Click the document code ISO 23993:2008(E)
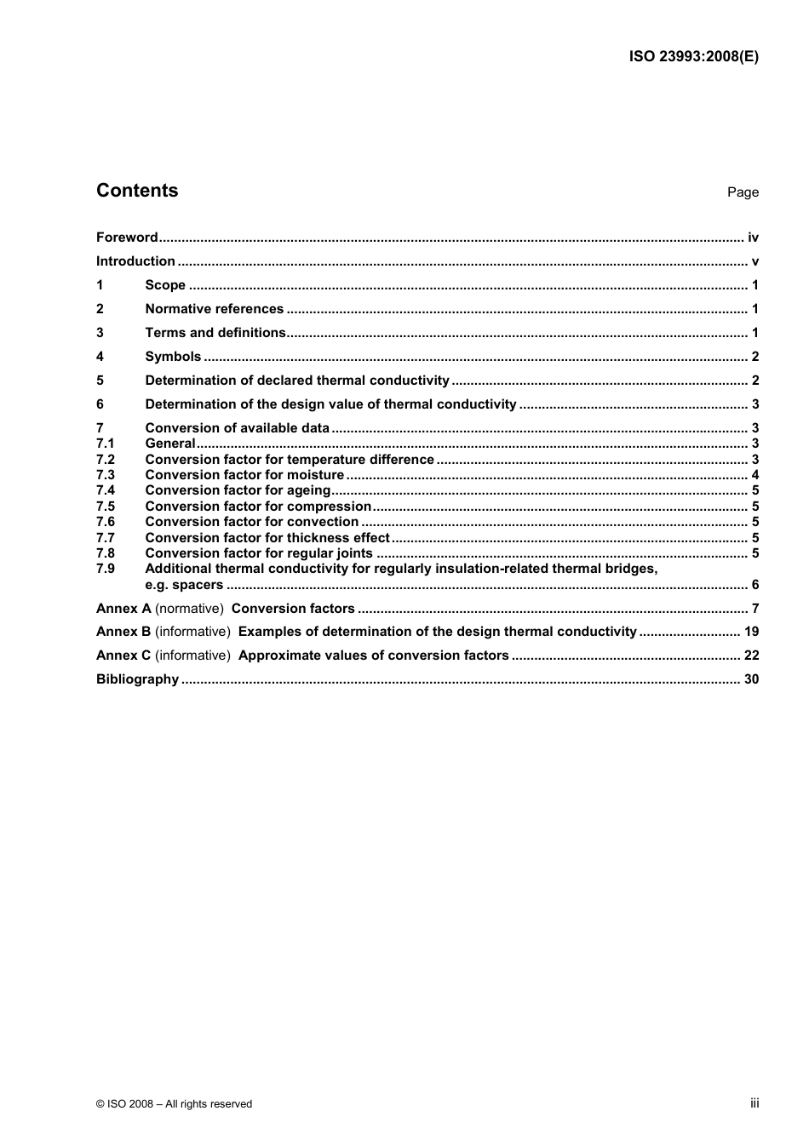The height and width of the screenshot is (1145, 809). point(693,57)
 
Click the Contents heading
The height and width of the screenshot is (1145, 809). point(137,191)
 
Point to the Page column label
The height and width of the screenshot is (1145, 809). point(742,192)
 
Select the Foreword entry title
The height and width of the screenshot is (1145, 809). point(127,238)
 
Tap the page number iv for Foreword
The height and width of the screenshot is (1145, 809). point(753,238)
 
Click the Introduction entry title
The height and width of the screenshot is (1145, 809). point(135,261)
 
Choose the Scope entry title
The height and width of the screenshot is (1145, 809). point(165,285)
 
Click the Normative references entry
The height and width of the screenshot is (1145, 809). point(214,309)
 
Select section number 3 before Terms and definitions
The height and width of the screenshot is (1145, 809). point(100,333)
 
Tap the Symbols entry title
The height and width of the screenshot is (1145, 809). point(173,357)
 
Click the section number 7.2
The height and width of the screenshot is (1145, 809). point(105,460)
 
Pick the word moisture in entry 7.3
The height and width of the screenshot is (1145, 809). point(315,475)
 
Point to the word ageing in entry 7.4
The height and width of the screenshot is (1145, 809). point(308,490)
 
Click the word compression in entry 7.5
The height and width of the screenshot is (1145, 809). point(329,507)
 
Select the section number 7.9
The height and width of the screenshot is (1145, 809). point(105,569)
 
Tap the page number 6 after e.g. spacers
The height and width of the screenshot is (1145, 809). point(754,585)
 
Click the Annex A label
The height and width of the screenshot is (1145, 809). point(123,609)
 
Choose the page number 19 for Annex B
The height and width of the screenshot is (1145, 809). point(751,632)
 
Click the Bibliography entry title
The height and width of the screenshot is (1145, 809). point(137,679)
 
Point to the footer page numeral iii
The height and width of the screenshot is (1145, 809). point(754,1103)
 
